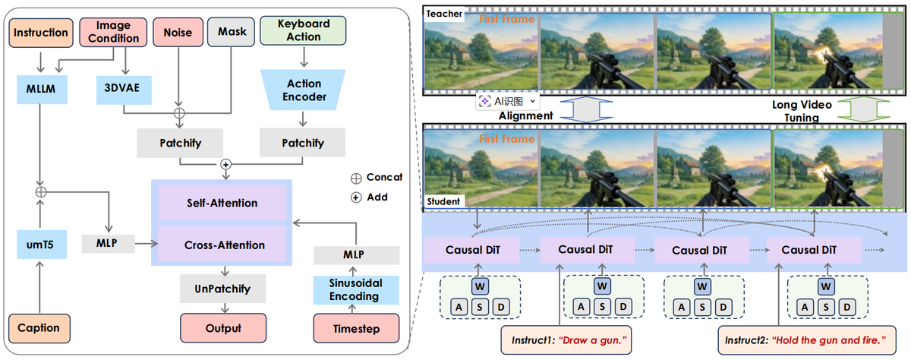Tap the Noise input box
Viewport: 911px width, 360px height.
pyautogui.click(x=178, y=33)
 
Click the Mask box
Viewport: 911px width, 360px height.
pyautogui.click(x=232, y=33)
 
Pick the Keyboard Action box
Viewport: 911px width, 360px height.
pyautogui.click(x=302, y=30)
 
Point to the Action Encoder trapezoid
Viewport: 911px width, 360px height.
pyautogui.click(x=304, y=90)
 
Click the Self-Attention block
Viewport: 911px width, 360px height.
pyautogui.click(x=222, y=203)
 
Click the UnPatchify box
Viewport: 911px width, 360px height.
pyautogui.click(x=223, y=289)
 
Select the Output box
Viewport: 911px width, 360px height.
pyautogui.click(x=223, y=328)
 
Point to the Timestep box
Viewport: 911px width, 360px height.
pyautogui.click(x=356, y=328)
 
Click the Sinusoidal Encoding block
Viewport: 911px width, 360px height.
pyautogui.click(x=356, y=289)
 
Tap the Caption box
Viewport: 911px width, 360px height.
pyautogui.click(x=39, y=328)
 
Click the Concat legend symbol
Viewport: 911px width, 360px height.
pyautogui.click(x=355, y=177)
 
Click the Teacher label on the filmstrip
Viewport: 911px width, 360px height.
pyautogui.click(x=443, y=14)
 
